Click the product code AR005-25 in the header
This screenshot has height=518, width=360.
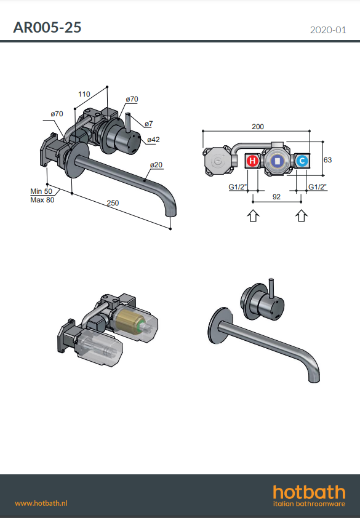(x=47, y=28)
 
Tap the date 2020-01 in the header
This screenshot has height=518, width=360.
(x=328, y=30)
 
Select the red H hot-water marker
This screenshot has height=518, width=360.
(x=252, y=161)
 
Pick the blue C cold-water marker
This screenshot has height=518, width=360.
(x=302, y=161)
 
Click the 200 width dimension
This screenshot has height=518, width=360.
(x=258, y=127)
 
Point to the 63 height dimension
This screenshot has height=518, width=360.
(x=327, y=160)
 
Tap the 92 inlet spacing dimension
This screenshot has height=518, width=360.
(x=276, y=197)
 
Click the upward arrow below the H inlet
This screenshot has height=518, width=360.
(x=253, y=216)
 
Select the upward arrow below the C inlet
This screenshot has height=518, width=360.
(x=301, y=216)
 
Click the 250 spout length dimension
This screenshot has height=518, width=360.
(x=113, y=203)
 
